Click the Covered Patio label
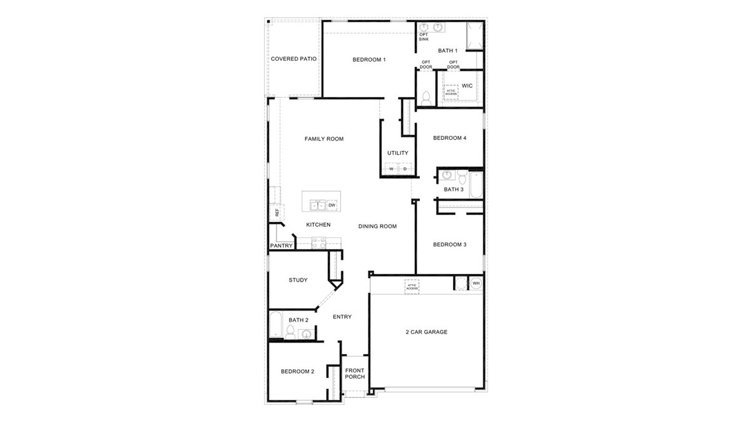click(293, 59)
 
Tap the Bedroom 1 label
click(369, 60)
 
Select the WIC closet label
click(467, 86)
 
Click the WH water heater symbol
click(475, 283)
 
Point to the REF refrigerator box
click(277, 213)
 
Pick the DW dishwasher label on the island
click(331, 205)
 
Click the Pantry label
click(281, 246)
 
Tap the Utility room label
click(398, 153)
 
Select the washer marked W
click(391, 169)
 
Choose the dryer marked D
click(405, 169)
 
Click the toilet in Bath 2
click(290, 332)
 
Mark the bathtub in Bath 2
click(275, 324)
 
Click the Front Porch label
click(354, 374)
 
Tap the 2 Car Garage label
click(426, 332)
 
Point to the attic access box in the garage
click(412, 287)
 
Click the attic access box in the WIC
click(451, 92)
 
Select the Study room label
click(298, 280)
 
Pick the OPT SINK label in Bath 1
click(424, 37)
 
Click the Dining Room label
click(377, 226)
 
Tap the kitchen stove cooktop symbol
click(319, 243)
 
